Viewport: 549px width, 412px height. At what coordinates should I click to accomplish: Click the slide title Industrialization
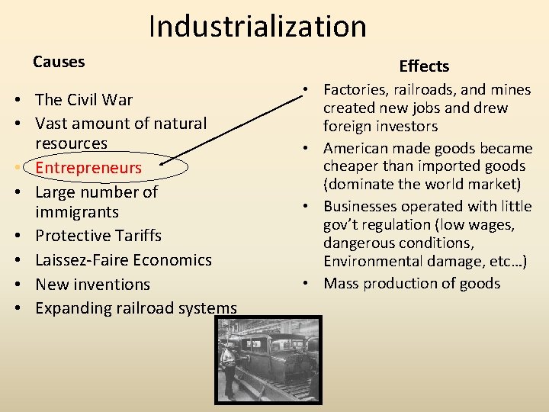258,26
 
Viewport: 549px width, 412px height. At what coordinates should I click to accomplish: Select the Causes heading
59,61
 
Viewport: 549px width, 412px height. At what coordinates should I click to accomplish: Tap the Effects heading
424,66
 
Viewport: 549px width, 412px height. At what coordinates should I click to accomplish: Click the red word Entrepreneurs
88,167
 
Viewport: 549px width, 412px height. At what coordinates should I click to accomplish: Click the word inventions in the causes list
111,284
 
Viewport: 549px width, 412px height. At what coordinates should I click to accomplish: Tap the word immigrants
77,211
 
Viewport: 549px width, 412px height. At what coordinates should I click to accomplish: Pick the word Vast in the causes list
50,123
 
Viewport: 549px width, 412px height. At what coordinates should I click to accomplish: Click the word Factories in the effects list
358,90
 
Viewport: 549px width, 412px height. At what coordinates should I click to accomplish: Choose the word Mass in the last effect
342,283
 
